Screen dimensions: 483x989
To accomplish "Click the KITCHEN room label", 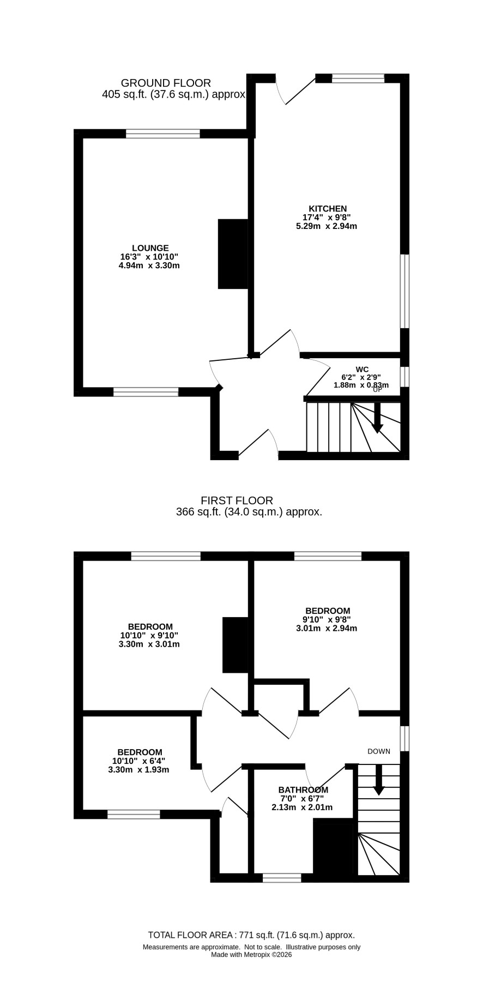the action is [328, 209].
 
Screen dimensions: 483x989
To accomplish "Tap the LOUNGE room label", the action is [150, 248].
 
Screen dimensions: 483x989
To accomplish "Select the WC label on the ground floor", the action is [362, 370].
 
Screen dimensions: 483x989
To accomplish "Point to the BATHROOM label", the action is [303, 790].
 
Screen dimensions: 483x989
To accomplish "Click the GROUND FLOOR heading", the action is [166, 83].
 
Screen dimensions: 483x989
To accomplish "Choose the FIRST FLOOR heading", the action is [237, 500].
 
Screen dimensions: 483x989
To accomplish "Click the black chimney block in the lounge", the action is [233, 254].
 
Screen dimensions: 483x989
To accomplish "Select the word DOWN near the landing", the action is [379, 751].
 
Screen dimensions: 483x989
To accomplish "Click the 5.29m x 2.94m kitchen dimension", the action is [327, 226].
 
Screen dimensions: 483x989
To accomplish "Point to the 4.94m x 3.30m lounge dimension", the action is [149, 266].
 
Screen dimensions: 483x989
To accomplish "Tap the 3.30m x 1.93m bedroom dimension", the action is [138, 770].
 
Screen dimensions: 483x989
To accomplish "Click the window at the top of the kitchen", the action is [358, 79].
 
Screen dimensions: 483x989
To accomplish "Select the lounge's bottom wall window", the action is [146, 391].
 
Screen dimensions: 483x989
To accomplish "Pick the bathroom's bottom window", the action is [282, 878].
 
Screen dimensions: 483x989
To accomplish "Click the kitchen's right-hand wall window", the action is [404, 291].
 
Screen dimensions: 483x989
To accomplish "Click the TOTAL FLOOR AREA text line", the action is [251, 934].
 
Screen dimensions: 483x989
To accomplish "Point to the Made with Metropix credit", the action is [251, 954].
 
